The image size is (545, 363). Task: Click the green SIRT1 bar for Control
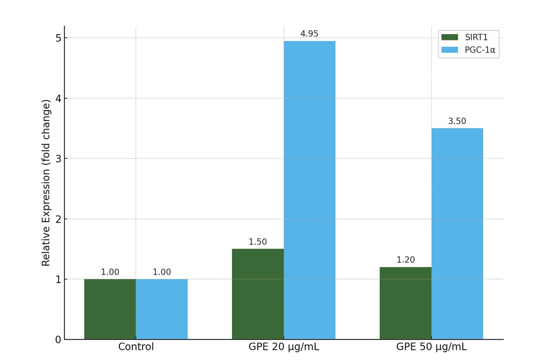pyautogui.click(x=110, y=309)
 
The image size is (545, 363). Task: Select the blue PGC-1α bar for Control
pyautogui.click(x=162, y=309)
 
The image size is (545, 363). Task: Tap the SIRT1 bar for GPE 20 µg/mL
pyautogui.click(x=258, y=294)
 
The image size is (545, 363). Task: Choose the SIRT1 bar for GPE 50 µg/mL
pyautogui.click(x=405, y=303)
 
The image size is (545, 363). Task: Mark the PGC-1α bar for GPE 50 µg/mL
pyautogui.click(x=457, y=234)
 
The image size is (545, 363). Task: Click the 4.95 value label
pyautogui.click(x=310, y=34)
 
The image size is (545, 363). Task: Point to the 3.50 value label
pyautogui.click(x=457, y=121)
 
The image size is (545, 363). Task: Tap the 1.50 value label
pyautogui.click(x=258, y=242)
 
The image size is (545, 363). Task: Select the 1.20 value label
pyautogui.click(x=405, y=260)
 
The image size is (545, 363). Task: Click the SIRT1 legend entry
pyautogui.click(x=468, y=37)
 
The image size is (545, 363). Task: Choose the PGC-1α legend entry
pyautogui.click(x=468, y=50)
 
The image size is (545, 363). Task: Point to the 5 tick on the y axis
pyautogui.click(x=58, y=38)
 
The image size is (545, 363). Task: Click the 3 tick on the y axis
pyautogui.click(x=58, y=159)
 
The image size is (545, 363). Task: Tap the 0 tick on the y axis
pyautogui.click(x=58, y=340)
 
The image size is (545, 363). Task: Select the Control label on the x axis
pyautogui.click(x=136, y=347)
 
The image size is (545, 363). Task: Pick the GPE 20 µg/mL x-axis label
pyautogui.click(x=284, y=347)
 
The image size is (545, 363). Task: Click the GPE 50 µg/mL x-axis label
pyautogui.click(x=431, y=347)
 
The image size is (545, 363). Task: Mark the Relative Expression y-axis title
pyautogui.click(x=46, y=183)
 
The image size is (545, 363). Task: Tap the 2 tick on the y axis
pyautogui.click(x=58, y=219)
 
